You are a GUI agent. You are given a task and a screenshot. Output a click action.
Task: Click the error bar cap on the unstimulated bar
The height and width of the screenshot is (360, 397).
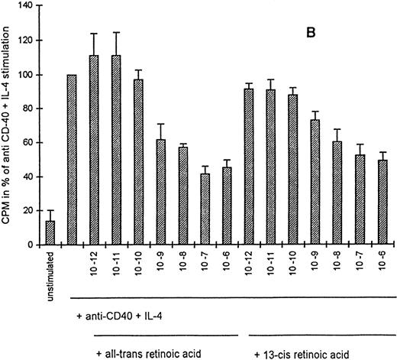click(x=50, y=210)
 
